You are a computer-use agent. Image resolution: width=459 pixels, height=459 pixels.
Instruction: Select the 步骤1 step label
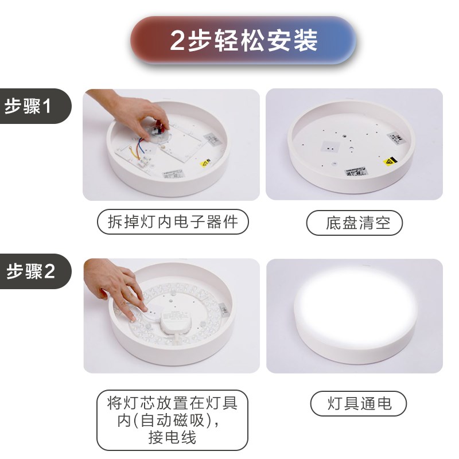click(x=29, y=106)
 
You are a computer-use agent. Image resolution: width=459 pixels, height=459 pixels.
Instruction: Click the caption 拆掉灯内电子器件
click(x=172, y=222)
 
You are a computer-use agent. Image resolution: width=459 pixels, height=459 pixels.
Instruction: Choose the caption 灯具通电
click(x=360, y=403)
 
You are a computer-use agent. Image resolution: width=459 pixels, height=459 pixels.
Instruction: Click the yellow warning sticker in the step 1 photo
click(x=204, y=164)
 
